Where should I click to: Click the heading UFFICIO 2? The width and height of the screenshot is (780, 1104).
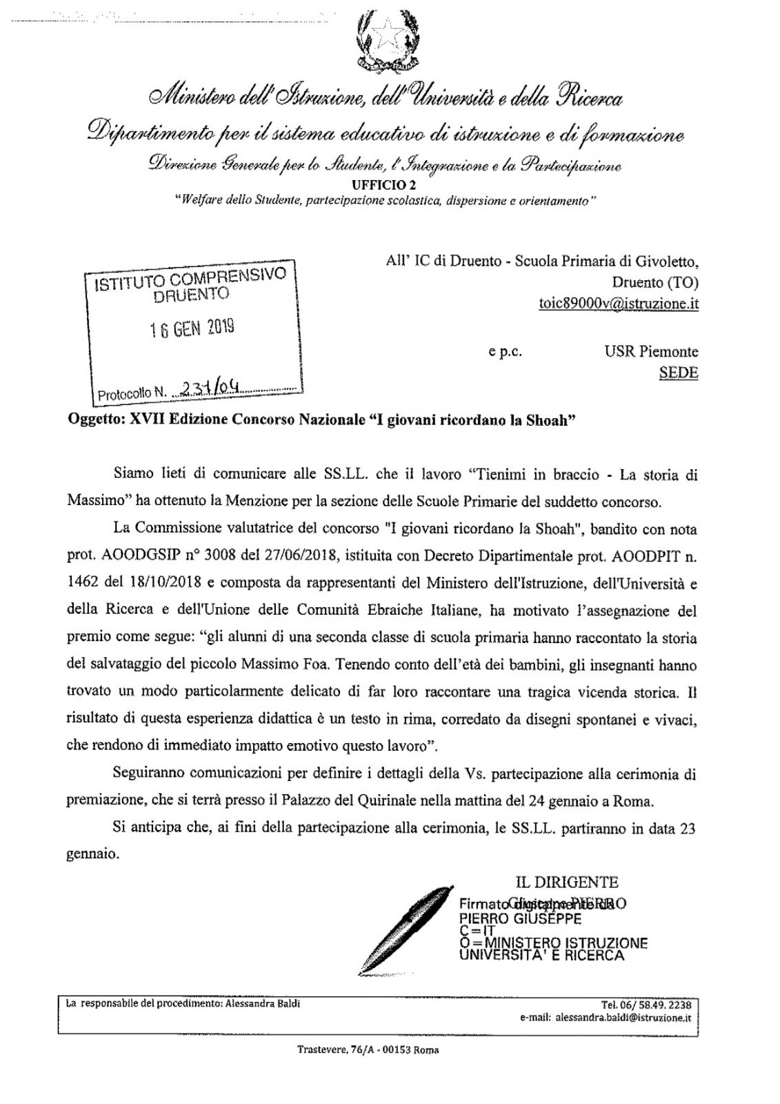385,185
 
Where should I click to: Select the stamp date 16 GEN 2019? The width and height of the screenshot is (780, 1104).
192,328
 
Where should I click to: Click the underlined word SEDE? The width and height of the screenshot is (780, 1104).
679,373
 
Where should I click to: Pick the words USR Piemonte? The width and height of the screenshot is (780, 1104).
651,352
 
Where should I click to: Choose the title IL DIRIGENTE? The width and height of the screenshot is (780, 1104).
567,882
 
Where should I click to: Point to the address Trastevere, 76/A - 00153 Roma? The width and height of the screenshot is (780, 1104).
368,1050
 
